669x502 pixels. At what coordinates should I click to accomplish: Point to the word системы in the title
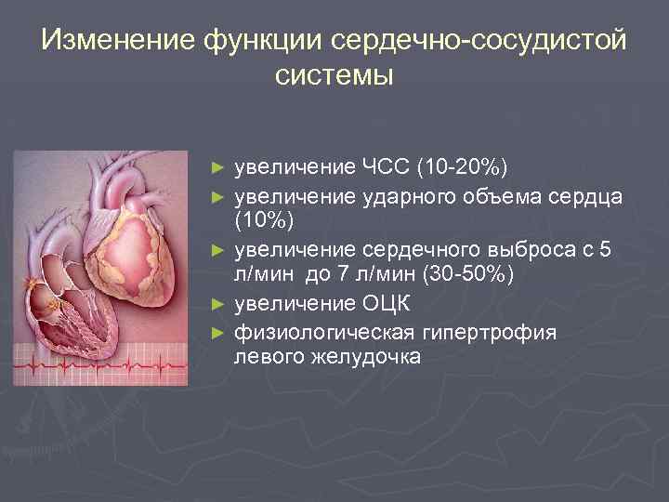coord(334,75)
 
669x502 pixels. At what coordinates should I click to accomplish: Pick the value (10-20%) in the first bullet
coord(462,167)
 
